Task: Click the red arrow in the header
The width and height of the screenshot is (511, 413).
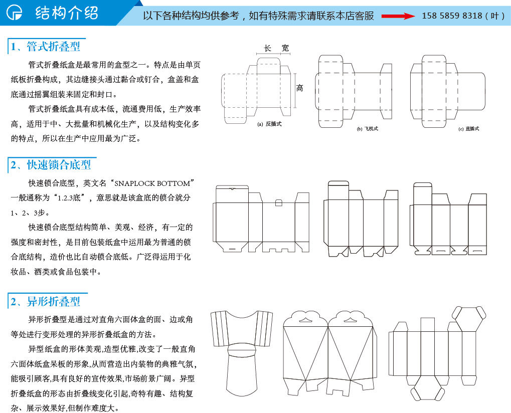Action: tap(398, 16)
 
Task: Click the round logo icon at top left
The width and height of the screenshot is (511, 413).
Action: tap(15, 13)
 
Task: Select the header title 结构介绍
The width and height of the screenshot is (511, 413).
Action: tap(67, 13)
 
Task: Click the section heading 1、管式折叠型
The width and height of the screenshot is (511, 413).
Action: tap(45, 47)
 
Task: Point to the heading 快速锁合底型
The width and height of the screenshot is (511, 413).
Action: tap(59, 165)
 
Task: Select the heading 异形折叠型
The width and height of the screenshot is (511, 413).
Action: tap(54, 302)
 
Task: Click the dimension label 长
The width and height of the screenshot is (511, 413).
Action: tap(268, 49)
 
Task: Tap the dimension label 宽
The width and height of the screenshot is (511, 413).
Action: tap(285, 48)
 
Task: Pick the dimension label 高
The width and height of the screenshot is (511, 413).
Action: tap(299, 88)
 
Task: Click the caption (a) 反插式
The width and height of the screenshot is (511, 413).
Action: tap(269, 124)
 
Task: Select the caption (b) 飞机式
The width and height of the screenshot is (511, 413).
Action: tap(367, 129)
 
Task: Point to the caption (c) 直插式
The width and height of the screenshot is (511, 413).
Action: tap(469, 129)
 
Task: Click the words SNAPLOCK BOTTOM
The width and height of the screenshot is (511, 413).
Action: tap(152, 183)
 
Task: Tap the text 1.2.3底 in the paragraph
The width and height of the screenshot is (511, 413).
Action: tap(69, 197)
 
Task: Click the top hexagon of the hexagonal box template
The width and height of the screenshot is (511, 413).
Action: tap(469, 319)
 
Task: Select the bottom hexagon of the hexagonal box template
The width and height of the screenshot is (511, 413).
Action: tap(428, 388)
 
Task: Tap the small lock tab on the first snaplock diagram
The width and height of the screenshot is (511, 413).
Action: tap(279, 202)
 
